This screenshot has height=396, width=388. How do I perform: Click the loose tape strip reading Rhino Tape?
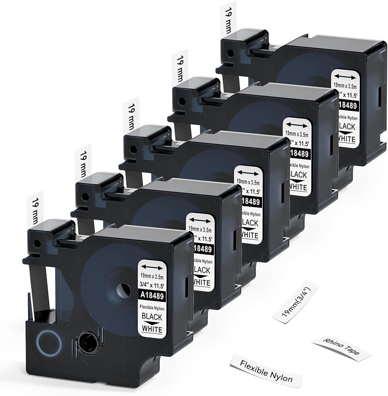(341, 348)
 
